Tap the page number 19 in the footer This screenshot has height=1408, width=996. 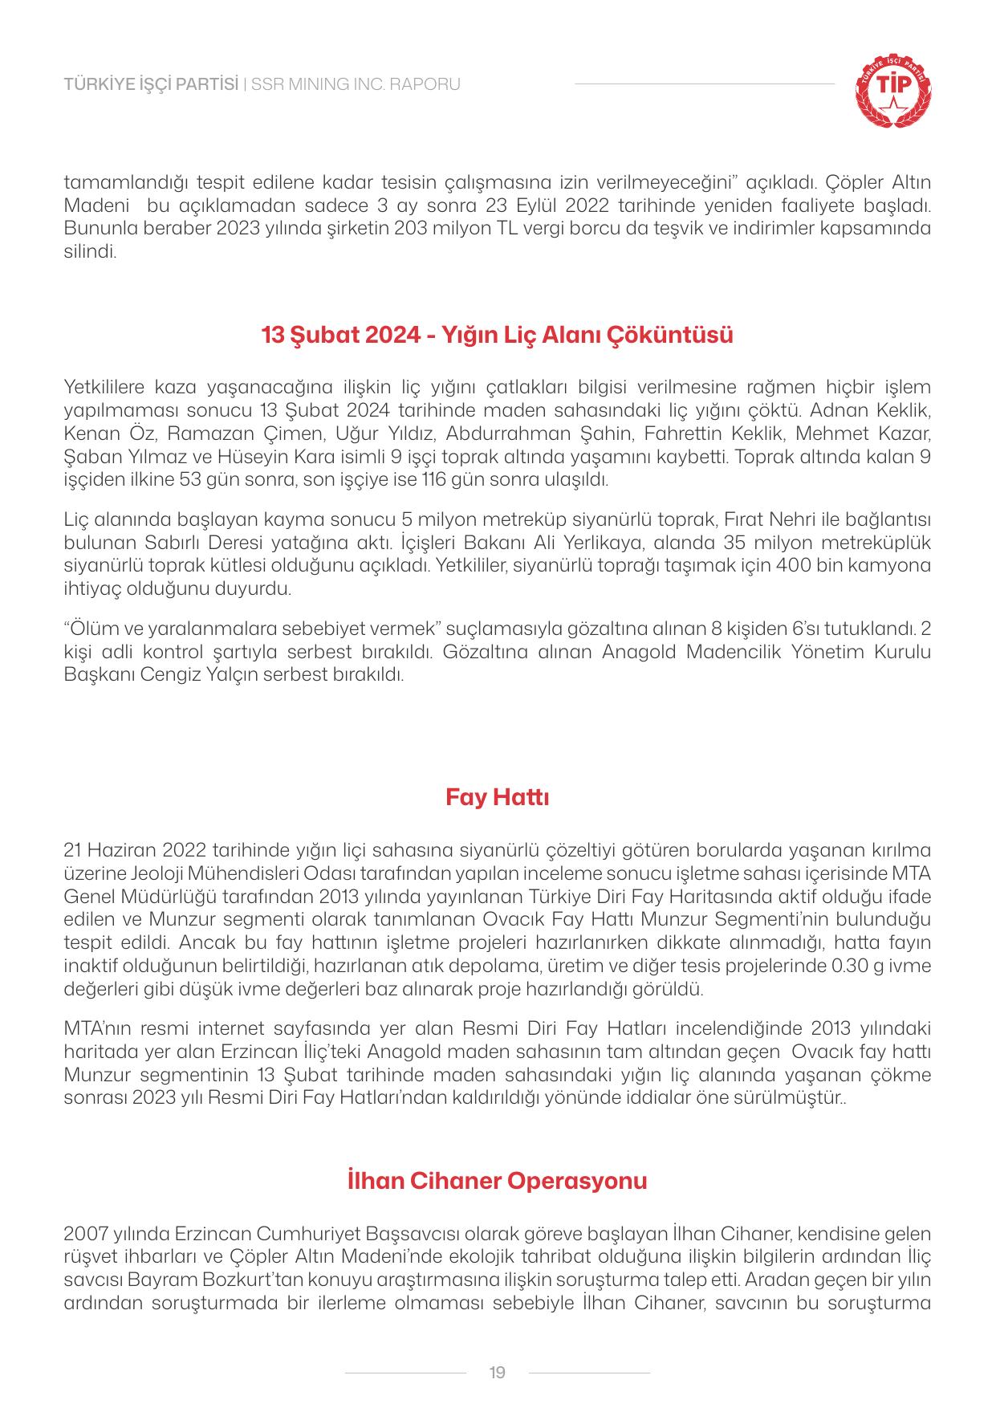click(x=497, y=1373)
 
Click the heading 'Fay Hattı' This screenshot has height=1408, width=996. click(x=498, y=798)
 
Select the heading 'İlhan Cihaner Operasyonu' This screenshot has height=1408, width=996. click(x=498, y=1181)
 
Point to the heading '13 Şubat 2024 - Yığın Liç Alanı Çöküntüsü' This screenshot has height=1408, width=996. click(x=498, y=335)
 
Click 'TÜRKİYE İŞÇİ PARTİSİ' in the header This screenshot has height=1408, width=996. click(x=151, y=84)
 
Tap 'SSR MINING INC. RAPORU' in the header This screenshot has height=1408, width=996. click(x=356, y=84)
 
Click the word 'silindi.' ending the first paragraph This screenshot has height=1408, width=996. click(x=91, y=251)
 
